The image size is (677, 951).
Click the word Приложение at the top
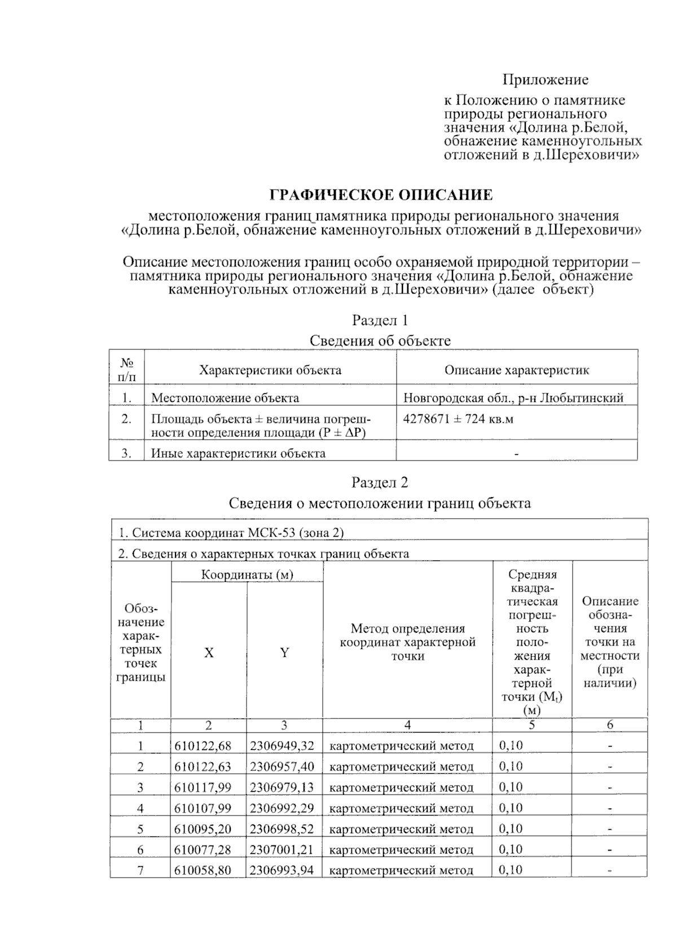pos(546,80)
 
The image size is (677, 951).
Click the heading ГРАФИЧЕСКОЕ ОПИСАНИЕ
pos(381,195)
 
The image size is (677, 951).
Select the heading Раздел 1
pos(380,321)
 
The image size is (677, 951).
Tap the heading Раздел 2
pos(380,483)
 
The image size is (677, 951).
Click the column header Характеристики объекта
pos(270,370)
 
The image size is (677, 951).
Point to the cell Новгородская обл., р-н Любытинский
pos(513,398)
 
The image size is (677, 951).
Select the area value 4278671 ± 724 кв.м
pos(458,419)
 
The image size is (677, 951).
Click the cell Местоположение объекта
pos(225,398)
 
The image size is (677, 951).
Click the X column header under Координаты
pos(209,652)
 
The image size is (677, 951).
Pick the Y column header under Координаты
pos(284,652)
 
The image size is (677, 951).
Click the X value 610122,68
pos(203,746)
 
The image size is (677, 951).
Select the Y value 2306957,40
pos(282,766)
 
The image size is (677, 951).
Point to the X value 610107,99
pos(203,808)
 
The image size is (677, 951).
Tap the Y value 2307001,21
pos(282,849)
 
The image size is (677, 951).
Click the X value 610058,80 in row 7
pos(203,870)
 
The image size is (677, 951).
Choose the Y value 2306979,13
pos(282,787)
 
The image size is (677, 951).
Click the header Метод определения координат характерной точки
pos(407,642)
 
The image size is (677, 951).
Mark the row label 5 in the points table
pos(140,829)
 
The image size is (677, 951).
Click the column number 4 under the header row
pos(407,725)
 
